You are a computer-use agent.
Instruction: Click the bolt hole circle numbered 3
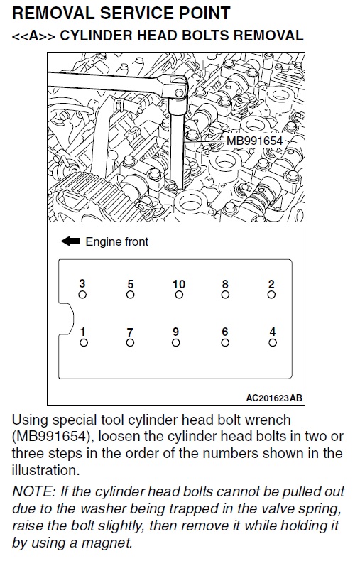click(82, 295)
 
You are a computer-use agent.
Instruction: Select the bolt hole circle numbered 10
click(179, 295)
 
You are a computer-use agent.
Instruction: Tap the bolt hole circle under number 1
click(84, 342)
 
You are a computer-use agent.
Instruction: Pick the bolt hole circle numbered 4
click(273, 342)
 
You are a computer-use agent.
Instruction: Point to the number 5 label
click(131, 285)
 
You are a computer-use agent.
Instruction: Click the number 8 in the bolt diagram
click(225, 285)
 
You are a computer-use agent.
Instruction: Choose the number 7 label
click(130, 332)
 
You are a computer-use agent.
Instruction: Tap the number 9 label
click(175, 332)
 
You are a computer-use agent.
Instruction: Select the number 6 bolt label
click(225, 332)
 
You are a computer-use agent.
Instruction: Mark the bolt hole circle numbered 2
click(271, 295)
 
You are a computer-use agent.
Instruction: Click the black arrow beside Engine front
click(70, 241)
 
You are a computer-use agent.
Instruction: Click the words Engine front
click(116, 241)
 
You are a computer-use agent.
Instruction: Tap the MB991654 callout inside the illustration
click(254, 141)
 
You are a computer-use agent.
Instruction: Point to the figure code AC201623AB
click(274, 398)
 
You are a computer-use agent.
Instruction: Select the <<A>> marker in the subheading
click(33, 36)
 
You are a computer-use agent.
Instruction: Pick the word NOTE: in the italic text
click(33, 491)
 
